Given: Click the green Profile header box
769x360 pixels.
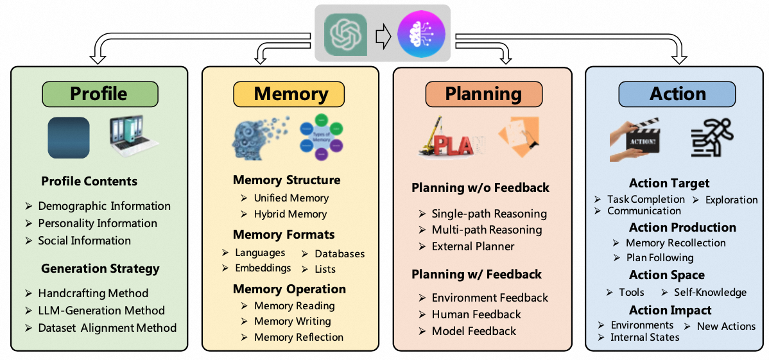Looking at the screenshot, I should coord(99,94).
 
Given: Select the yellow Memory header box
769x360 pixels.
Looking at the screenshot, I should coord(290,94).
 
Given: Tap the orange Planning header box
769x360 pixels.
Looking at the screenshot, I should coord(483,94).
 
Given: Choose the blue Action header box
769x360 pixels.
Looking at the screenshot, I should coord(677,94).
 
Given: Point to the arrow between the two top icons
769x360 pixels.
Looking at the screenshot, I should coord(383,36).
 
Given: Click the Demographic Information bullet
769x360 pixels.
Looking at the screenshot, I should coord(104,206).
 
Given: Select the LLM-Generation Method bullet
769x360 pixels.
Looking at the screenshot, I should coord(101,310).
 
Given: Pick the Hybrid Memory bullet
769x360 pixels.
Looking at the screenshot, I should coord(290,214).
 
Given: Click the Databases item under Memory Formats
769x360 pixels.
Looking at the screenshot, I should coord(339,253).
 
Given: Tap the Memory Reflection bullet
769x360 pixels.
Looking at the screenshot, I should coord(298,337).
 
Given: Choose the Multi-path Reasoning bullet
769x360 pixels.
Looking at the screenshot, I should coord(486,229).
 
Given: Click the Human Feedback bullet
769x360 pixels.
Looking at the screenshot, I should coord(476,314).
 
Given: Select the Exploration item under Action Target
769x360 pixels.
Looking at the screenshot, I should coord(730,200).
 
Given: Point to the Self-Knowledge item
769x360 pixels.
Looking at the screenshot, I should coord(709,292).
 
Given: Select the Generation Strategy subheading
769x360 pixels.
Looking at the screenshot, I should coord(100,268).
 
